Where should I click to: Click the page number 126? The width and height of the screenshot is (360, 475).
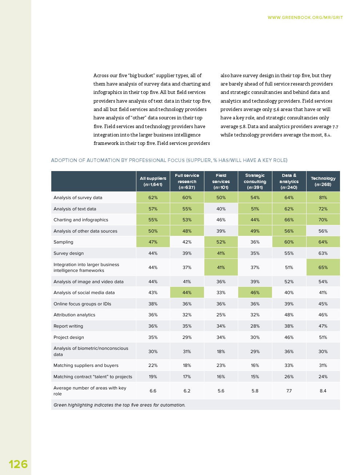[18, 464]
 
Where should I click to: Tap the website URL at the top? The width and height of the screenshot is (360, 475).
[305, 17]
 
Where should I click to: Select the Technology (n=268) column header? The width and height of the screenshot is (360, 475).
[323, 181]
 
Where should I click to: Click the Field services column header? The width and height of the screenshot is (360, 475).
[221, 181]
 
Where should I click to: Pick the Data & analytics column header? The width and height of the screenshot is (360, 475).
[289, 181]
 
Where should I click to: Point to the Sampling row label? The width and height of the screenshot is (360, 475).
[63, 242]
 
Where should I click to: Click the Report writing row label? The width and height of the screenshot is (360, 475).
[68, 326]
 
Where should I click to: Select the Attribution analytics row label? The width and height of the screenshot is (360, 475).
[74, 315]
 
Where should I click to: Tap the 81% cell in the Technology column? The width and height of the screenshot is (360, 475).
[323, 198]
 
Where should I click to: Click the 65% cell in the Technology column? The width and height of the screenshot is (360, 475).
[323, 268]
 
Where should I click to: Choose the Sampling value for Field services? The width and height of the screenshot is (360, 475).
[221, 242]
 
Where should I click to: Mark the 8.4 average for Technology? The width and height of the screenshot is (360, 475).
[323, 391]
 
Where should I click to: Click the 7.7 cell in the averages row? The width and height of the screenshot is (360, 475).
[289, 391]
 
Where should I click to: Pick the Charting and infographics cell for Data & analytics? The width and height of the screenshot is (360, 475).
[289, 220]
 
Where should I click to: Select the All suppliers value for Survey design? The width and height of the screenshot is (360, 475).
[153, 253]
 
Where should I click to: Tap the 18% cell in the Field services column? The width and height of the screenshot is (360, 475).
[221, 352]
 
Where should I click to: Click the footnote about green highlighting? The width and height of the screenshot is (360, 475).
[119, 405]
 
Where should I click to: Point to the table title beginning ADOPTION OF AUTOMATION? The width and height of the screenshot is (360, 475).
[169, 160]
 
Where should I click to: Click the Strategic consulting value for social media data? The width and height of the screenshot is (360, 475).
[255, 293]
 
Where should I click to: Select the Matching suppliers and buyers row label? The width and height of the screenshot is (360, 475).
[86, 365]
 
